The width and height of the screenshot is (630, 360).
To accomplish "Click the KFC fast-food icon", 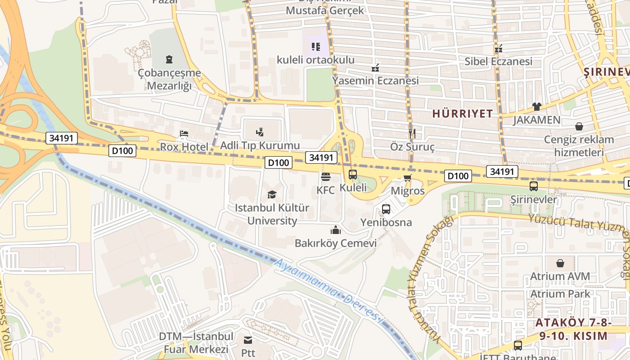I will [326, 176].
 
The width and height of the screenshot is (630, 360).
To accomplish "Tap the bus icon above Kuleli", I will [353, 174].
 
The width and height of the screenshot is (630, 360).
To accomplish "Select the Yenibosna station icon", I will [386, 209].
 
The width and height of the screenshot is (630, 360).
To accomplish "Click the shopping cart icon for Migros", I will [408, 178].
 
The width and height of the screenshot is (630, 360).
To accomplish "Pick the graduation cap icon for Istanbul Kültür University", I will [272, 194].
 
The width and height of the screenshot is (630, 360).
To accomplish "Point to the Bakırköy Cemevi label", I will [335, 243].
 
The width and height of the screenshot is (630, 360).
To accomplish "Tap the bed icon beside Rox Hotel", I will [184, 134].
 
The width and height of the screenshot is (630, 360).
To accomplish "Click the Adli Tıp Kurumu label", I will [260, 145].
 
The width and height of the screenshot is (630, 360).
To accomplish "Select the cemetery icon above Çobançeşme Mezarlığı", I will [169, 59].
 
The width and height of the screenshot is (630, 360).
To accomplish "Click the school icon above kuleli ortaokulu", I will [315, 46].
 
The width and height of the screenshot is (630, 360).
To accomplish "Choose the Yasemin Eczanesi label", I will [375, 81].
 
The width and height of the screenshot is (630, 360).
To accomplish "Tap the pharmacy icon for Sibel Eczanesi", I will [498, 48].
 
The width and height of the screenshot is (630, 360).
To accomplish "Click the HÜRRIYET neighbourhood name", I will [463, 114].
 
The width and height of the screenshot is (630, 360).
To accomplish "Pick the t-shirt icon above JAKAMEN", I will [536, 107].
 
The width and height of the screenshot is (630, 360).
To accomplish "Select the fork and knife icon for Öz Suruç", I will [412, 133].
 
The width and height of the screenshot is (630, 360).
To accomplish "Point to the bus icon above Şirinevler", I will [534, 186].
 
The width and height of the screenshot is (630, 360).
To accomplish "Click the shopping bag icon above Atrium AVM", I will [560, 263].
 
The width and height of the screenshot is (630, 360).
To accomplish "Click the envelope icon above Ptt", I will [248, 340].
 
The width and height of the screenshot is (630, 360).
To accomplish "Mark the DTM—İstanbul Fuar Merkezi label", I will [196, 343].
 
